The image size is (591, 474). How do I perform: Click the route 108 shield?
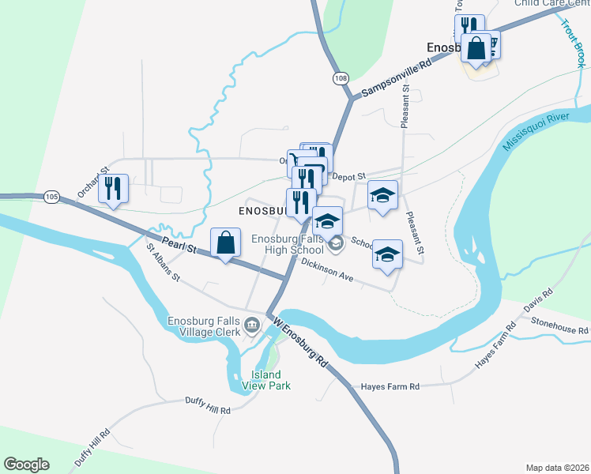pyautogui.click(x=341, y=78)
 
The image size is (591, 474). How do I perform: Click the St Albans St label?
pyautogui.click(x=164, y=263)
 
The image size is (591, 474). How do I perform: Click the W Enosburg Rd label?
pyautogui.click(x=301, y=342)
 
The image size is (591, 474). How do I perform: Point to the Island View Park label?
pyautogui.click(x=271, y=380)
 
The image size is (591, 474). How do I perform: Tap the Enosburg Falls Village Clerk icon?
pyautogui.click(x=251, y=325)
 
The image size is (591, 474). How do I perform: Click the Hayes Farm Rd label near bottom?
pyautogui.click(x=390, y=386)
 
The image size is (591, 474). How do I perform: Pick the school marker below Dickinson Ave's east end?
pyautogui.click(x=386, y=255)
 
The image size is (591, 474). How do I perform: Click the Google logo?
pyautogui.click(x=26, y=465)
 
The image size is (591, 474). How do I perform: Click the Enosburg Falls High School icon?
pyautogui.click(x=337, y=243)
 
